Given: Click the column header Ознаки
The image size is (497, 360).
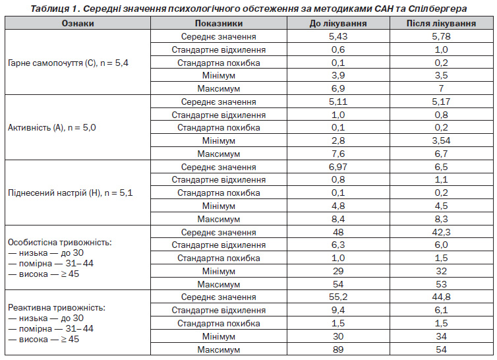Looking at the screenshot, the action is tap(78, 24).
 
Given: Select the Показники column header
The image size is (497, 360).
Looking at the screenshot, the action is tap(219, 24).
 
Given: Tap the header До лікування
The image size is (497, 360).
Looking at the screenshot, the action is tap(338, 24).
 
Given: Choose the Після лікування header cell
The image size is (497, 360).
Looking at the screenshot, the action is tap(441, 24).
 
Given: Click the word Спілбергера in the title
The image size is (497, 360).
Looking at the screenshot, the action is tap(438, 9).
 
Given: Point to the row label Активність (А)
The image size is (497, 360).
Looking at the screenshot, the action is tap(36, 128).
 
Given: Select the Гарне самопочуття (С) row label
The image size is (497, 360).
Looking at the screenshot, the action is tap(52, 63).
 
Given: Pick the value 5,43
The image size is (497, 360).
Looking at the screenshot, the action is tap(338, 36).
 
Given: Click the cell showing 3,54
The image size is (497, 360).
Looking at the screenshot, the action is tap(441, 140).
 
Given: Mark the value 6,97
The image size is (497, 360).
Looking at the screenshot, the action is tap(338, 167).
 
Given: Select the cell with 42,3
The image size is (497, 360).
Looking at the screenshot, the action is tap(441, 232).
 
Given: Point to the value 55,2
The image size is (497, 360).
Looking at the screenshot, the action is tap(338, 297).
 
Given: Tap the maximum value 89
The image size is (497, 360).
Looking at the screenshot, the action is tap(338, 349).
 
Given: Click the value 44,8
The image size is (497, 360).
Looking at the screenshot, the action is tap(441, 297).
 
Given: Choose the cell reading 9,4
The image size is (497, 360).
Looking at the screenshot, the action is tap(338, 310).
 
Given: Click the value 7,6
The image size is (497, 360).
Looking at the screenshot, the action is tap(338, 154).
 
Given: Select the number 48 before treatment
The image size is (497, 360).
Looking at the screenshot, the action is tap(338, 232).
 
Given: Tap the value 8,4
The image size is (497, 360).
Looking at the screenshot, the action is tap(338, 219).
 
